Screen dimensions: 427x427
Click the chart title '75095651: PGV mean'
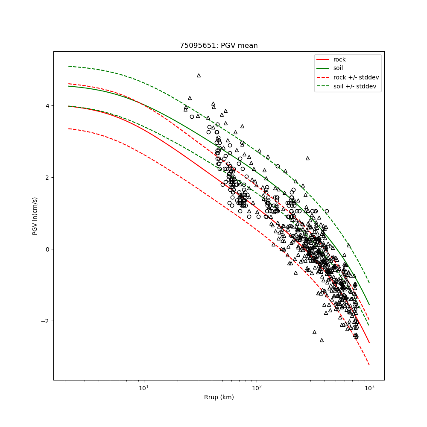[x=219, y=46]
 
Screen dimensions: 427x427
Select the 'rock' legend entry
[x=339, y=59]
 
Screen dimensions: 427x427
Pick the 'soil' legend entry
[x=338, y=68]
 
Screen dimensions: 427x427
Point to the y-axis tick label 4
[x=47, y=106]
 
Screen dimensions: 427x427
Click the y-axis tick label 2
[x=47, y=178]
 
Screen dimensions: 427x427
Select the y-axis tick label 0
[x=47, y=249]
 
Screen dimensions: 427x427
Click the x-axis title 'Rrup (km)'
[x=219, y=398]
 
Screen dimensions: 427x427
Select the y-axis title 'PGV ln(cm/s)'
[x=35, y=216]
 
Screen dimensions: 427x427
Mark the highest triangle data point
[x=199, y=76]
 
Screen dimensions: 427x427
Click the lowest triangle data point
[x=322, y=340]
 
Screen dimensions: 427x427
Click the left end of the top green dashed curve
[x=69, y=66]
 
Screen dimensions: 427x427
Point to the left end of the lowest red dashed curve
[x=69, y=129]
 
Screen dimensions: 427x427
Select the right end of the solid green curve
[x=369, y=304]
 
